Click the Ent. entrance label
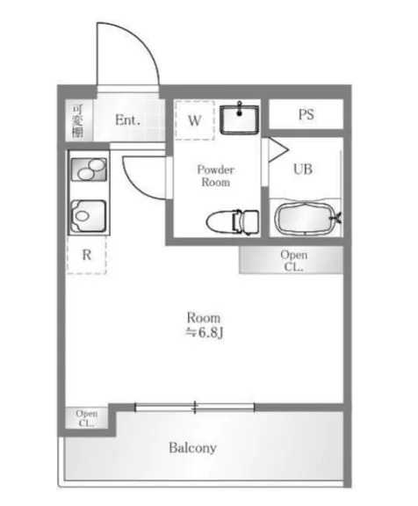[x=127, y=120]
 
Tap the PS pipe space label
[x=306, y=114]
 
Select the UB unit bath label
[x=303, y=169]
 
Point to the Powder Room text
[x=216, y=176]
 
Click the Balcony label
[x=192, y=448]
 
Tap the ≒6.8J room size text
[x=204, y=333]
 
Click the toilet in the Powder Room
[x=232, y=221]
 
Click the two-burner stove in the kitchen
[x=89, y=170]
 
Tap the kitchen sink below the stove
[x=88, y=215]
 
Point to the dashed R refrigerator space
[x=86, y=255]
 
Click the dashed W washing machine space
[x=194, y=120]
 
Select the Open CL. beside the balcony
[x=86, y=418]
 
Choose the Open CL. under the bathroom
[x=292, y=260]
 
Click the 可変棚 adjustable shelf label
[x=77, y=120]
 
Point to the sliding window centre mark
[x=195, y=408]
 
